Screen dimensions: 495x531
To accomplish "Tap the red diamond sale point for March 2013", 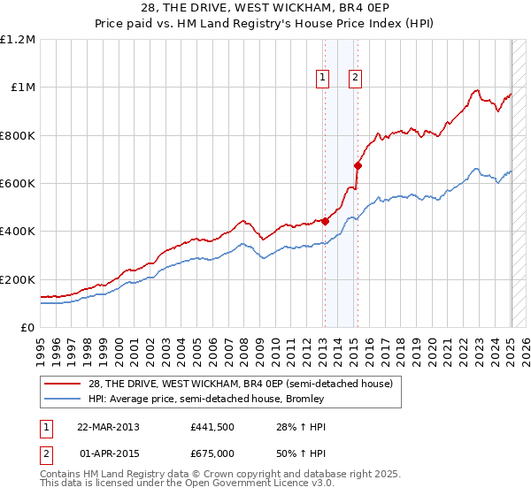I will pos(325,222).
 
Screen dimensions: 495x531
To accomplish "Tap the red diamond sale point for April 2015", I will pos(358,165).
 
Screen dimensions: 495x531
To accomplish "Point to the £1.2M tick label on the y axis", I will pos(18,40).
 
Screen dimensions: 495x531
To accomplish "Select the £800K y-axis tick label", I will pos(18,136).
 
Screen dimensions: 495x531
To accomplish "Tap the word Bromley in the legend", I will pos(304,399).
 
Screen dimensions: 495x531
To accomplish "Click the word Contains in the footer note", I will pos(63,475).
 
